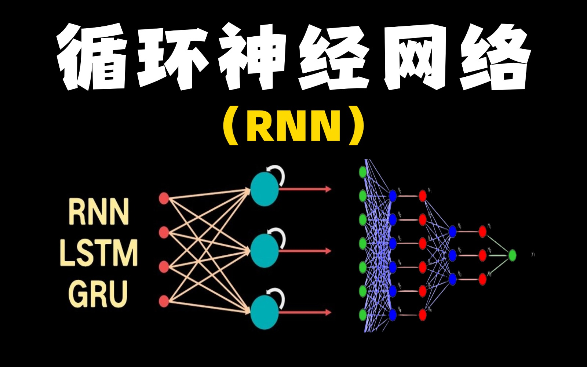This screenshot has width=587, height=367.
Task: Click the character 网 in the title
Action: (415, 57)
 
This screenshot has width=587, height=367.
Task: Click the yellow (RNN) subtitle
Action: (293, 127)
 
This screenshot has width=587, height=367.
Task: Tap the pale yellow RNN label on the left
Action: (98, 212)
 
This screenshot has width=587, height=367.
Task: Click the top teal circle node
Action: (264, 189)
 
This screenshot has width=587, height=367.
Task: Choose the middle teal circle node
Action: (264, 251)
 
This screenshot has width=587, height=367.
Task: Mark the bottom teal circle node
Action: (264, 313)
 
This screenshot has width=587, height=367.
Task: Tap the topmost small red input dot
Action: (164, 199)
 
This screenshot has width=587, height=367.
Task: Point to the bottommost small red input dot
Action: (164, 301)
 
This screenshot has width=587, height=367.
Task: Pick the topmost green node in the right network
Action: (363, 171)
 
